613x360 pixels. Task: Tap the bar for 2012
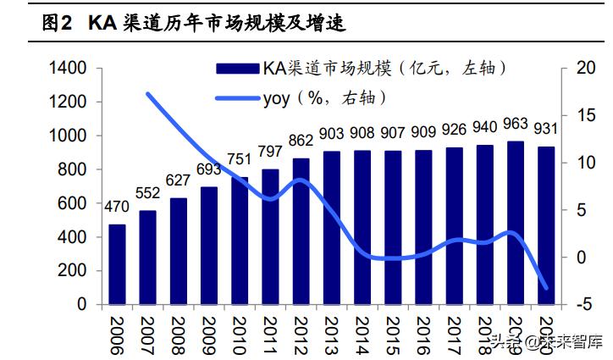click(x=301, y=230)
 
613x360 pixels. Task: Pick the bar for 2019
click(x=515, y=222)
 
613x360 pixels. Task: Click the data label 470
click(x=117, y=207)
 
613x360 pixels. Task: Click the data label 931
click(x=546, y=129)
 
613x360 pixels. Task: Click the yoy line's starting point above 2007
click(x=148, y=94)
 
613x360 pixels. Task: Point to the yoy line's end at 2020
click(x=546, y=288)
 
